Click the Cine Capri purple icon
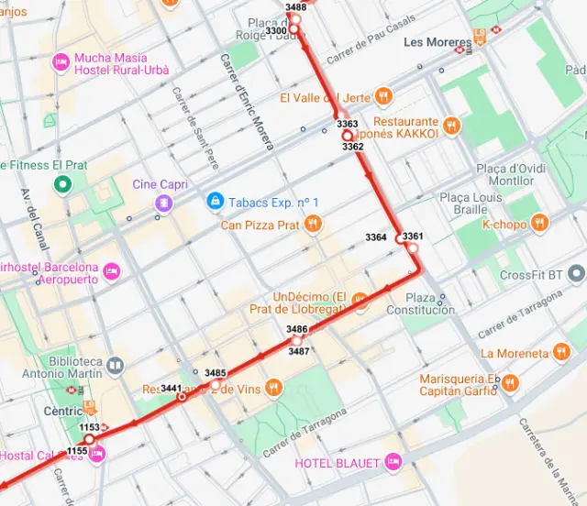click(163, 203)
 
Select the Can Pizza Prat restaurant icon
click(314, 224)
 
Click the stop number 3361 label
click(413, 236)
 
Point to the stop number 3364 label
click(375, 237)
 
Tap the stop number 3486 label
click(296, 329)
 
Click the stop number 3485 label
click(216, 372)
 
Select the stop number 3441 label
click(171, 389)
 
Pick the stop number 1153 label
click(89, 427)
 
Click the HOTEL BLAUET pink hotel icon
click(393, 462)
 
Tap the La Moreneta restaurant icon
click(561, 353)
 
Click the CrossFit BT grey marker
click(576, 274)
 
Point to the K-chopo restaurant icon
click(539, 223)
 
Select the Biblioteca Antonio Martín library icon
click(115, 367)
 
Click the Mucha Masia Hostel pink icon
click(61, 63)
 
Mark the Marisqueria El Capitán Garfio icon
click(510, 383)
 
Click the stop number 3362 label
click(352, 146)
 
